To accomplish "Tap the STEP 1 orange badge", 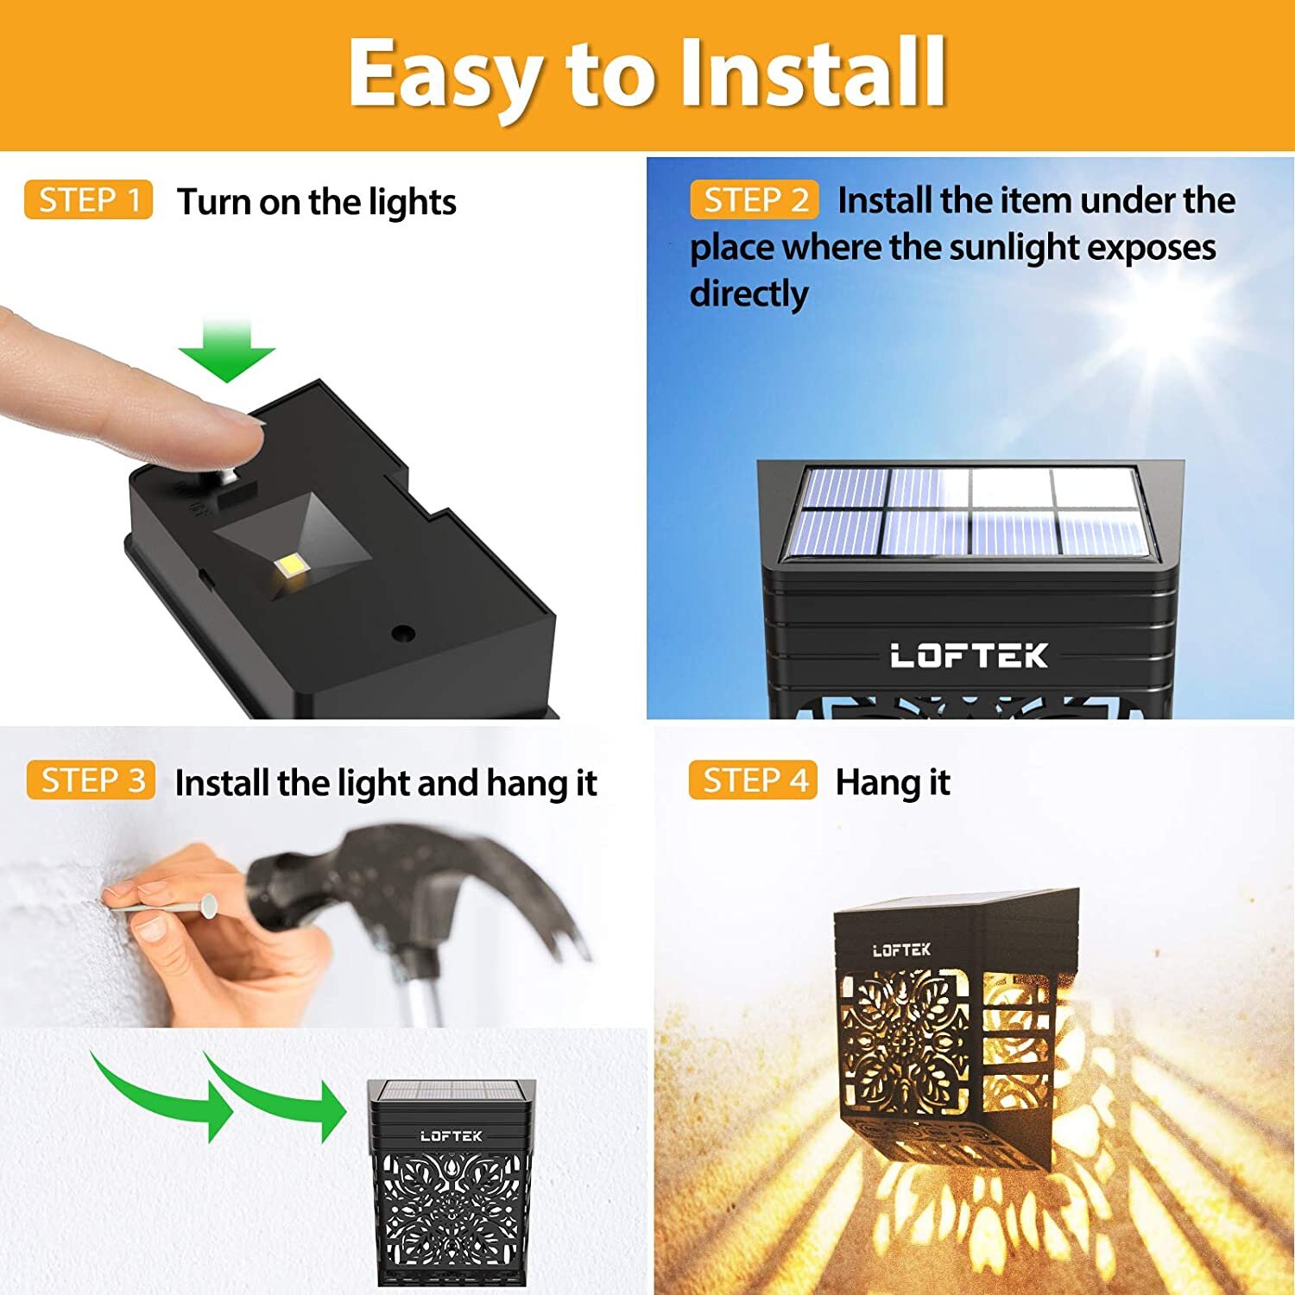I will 89,200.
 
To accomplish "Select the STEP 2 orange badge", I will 754,200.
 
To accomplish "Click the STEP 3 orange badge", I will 91,780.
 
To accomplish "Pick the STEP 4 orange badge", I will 753,780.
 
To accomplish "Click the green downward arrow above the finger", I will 226,351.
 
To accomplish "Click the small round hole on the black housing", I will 402,633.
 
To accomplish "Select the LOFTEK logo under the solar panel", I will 969,656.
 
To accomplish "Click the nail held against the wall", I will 164,906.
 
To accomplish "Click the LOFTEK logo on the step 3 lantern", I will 451,1136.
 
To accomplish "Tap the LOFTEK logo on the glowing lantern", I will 901,951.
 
